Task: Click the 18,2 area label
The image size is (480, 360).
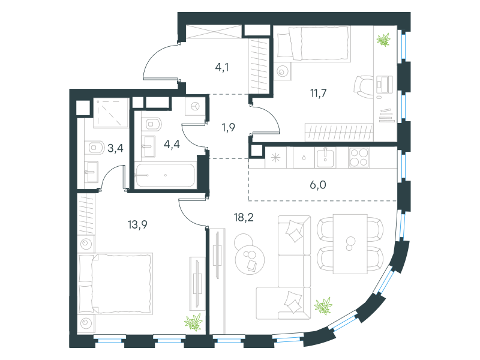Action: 244,218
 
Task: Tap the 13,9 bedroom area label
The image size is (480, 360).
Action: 137,224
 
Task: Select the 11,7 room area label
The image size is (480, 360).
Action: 319,93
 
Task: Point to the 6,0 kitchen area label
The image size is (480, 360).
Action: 318,185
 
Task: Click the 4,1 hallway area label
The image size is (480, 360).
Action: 222,67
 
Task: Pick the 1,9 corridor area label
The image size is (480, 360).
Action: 229,127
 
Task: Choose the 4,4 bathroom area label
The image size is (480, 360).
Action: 172,144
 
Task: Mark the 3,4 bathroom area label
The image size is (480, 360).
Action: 115,148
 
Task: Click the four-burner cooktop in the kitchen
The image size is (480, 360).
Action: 359,157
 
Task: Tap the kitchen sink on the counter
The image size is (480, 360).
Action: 325,157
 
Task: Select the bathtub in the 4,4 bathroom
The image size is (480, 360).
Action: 166,175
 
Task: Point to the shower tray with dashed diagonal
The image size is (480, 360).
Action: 110,113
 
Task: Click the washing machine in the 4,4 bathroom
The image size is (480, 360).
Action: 195,107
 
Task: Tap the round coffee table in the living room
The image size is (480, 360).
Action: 250,259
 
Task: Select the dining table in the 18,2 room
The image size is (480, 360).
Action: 350,244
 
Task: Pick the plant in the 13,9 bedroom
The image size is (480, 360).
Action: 193,322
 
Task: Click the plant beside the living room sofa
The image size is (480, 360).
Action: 323,306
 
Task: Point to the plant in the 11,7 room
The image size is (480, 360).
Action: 383,40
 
